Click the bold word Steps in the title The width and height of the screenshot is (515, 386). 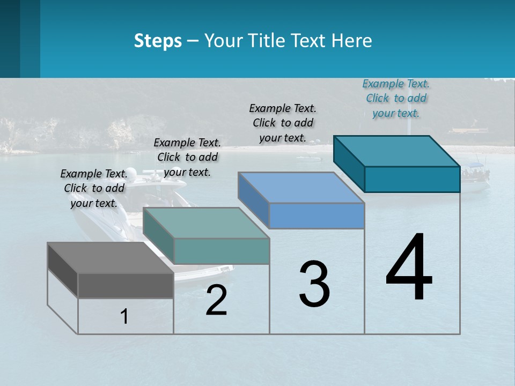158,41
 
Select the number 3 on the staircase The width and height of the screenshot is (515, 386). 314,284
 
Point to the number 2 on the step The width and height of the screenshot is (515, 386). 217,300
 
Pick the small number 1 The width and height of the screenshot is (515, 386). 124,317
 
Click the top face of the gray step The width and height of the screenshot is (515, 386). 110,258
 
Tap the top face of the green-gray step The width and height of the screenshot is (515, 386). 206,223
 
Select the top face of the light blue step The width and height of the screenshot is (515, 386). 301,188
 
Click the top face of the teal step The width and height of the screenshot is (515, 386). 397,151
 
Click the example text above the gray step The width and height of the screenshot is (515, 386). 94,188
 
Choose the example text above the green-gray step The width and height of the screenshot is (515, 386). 187,157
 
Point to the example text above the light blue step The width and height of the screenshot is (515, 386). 283,123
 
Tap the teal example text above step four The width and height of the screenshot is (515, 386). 396,98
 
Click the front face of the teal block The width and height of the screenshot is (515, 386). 412,179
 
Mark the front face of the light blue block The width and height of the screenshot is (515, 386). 317,216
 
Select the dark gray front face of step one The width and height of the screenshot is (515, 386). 126,285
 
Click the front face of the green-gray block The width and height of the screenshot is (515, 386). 222,251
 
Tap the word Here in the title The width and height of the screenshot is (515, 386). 352,41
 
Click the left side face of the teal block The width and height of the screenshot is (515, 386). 349,164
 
